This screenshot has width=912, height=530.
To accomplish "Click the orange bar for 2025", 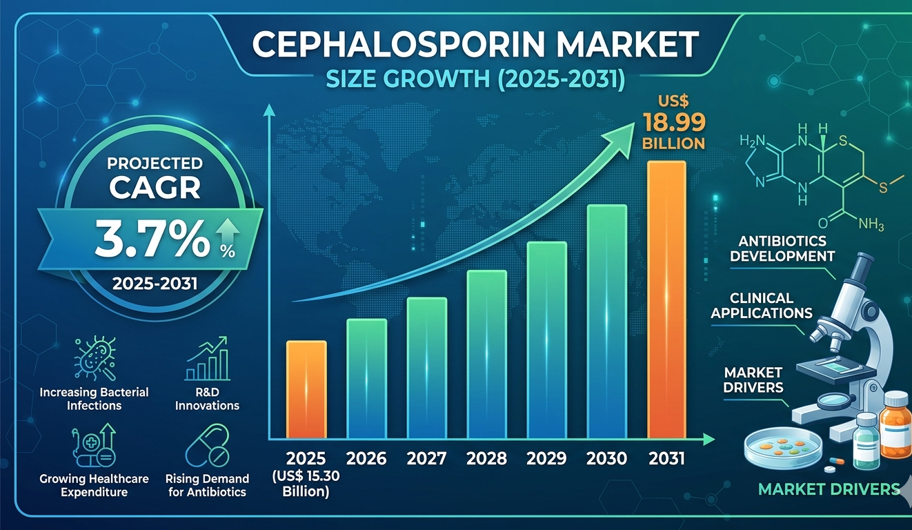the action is [x=306, y=389].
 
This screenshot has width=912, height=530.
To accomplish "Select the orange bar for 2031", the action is [x=666, y=300].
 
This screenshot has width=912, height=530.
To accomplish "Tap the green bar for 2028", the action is [x=486, y=355].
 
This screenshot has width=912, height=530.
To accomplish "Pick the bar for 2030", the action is [x=606, y=322].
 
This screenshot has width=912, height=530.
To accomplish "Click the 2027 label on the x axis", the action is [x=426, y=459].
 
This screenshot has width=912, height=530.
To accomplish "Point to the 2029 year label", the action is [x=546, y=459].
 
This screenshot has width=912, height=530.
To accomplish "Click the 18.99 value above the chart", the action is [x=674, y=122].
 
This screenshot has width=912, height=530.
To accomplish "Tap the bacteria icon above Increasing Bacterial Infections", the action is [x=95, y=358].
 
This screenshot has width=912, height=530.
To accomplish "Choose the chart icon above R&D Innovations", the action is [x=207, y=358].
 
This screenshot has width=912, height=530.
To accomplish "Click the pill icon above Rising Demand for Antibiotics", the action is [x=207, y=445].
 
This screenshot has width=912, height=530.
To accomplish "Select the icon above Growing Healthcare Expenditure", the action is [x=94, y=445].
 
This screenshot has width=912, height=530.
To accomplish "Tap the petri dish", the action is [x=783, y=449].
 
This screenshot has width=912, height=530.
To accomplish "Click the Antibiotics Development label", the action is [x=782, y=248].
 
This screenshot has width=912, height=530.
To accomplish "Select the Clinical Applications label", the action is [x=762, y=306].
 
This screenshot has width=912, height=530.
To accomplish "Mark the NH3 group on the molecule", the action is [x=871, y=224].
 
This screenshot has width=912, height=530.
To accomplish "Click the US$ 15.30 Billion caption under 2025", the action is [x=306, y=483].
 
